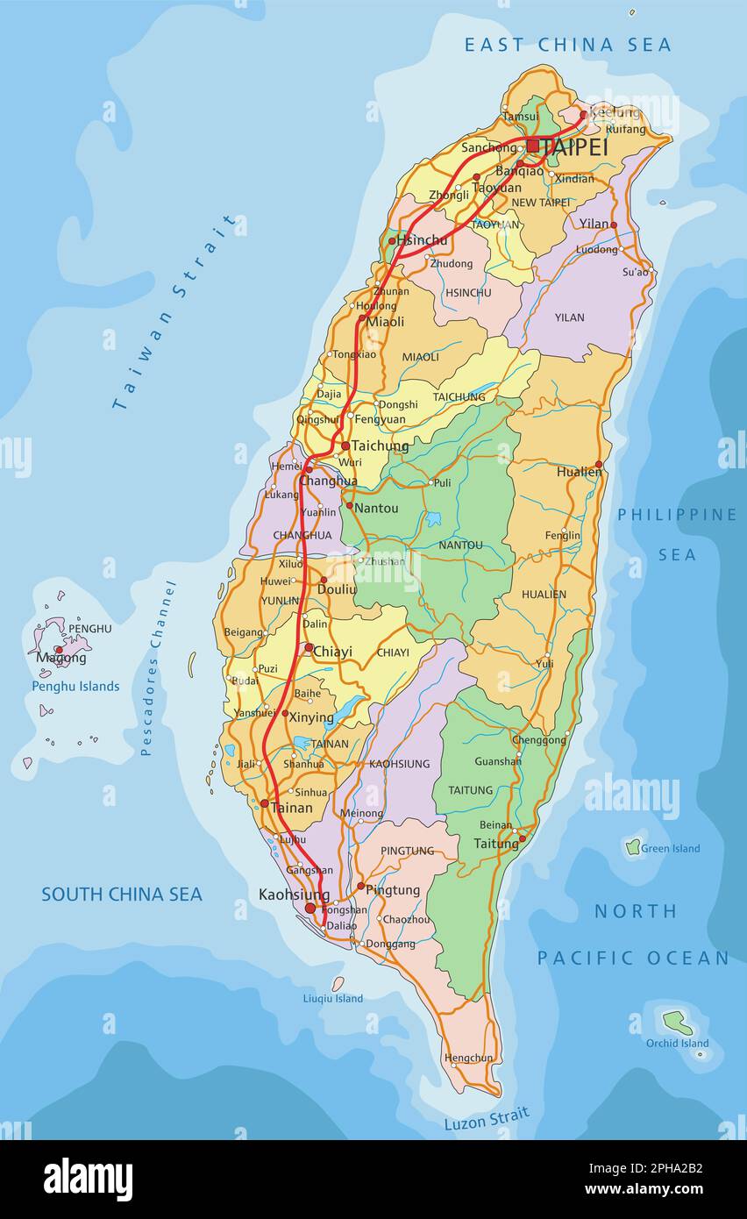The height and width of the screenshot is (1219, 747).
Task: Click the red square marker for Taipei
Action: pos(532,146)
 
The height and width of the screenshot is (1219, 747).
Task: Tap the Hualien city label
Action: pos(579,472)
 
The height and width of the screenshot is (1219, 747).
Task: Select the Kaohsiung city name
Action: pos(294,895)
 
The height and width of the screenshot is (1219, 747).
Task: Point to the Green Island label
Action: pos(670,848)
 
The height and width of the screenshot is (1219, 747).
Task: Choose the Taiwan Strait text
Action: pos(174,311)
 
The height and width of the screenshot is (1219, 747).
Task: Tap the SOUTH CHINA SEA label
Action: pos(122,895)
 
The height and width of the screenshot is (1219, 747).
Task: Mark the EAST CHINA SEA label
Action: pos(567,45)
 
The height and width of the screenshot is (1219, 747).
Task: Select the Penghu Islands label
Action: pos(75,686)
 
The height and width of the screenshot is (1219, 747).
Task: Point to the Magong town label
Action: pos(61,658)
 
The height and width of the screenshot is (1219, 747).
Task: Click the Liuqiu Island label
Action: pos(332,998)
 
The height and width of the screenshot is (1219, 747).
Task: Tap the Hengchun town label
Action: pos(468,1058)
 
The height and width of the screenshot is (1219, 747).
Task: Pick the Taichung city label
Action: pos(380,446)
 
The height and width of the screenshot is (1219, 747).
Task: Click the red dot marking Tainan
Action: pos(264,802)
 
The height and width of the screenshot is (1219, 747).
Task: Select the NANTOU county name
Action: pos(460,545)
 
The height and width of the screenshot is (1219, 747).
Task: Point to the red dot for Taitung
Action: pos(522,838)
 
